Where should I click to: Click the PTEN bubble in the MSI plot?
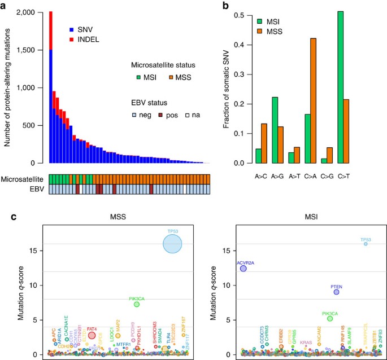tap(336, 292)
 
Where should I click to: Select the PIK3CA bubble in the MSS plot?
tap(136, 304)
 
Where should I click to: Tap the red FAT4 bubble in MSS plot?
tap(92, 335)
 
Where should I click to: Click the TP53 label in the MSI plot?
tap(367, 239)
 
